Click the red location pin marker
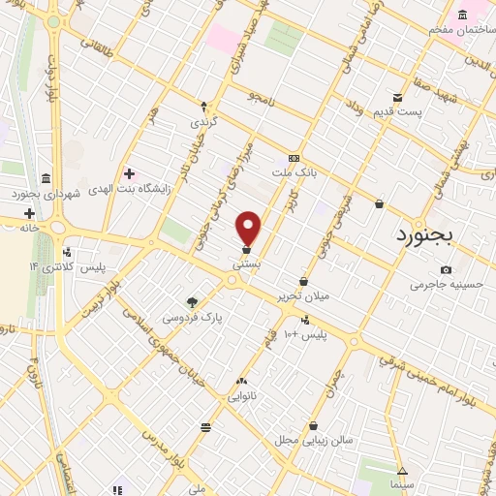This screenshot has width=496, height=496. click(249, 228)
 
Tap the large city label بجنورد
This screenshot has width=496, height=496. click(439, 234)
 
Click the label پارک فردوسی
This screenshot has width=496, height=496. click(191, 317)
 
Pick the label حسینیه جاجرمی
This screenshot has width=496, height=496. click(445, 285)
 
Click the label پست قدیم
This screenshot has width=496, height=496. click(398, 112)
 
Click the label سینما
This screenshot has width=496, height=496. click(400, 482)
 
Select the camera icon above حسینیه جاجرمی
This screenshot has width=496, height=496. click(446, 269)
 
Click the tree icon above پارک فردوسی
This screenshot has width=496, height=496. click(192, 301)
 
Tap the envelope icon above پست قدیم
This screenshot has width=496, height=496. click(398, 97)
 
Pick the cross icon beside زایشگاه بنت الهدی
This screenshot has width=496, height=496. click(129, 174)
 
